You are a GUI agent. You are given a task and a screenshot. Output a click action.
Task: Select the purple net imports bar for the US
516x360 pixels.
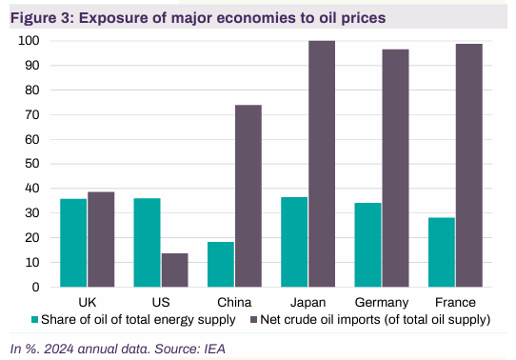(174, 270)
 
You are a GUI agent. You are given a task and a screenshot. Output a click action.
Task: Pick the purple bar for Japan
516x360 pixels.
(322, 164)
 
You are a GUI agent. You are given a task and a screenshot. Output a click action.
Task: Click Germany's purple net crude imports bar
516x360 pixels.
(395, 168)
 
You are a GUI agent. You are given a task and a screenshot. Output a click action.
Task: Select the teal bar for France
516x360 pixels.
(442, 252)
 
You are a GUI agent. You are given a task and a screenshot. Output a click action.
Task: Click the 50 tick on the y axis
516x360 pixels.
(33, 164)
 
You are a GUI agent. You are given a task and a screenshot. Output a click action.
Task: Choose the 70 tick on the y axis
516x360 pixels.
(33, 114)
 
